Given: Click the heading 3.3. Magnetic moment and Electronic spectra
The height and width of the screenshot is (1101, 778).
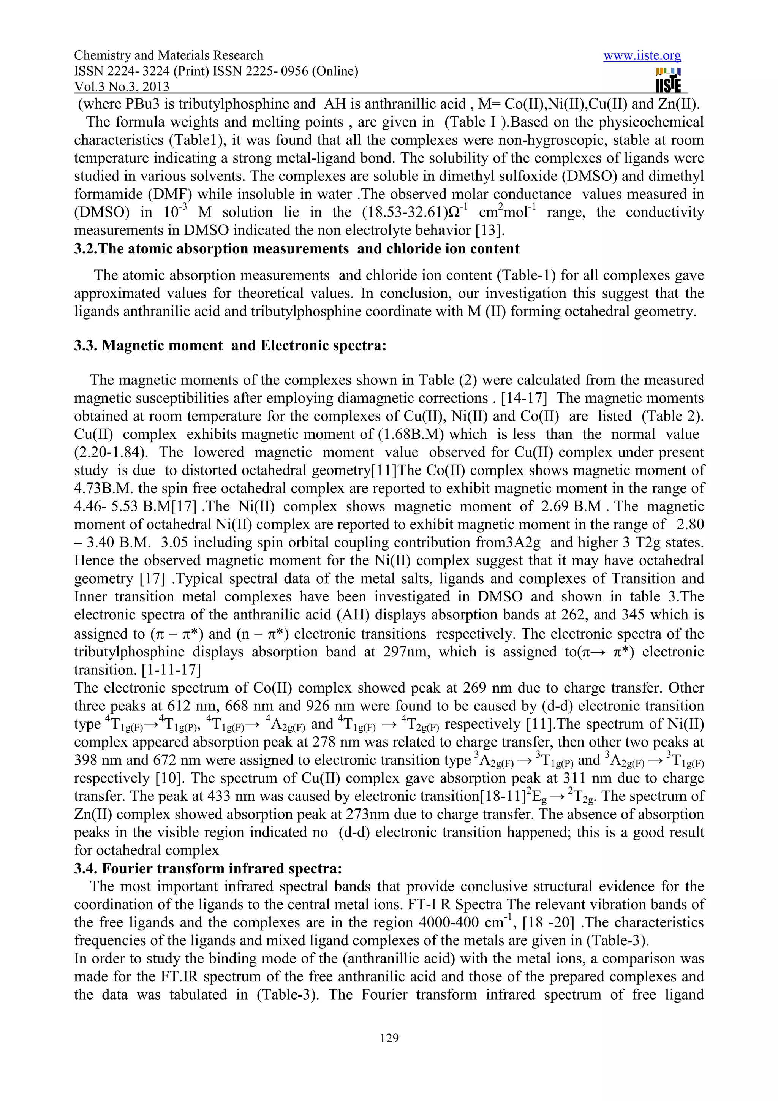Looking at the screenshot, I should [230, 345].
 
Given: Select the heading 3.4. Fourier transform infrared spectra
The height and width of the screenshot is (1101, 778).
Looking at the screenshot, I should [208, 868].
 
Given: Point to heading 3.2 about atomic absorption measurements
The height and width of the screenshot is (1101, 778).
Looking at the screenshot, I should [296, 249].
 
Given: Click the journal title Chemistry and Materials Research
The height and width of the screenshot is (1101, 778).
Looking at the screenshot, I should [169, 55].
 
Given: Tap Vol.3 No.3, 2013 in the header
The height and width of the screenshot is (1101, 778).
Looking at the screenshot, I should [122, 87].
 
